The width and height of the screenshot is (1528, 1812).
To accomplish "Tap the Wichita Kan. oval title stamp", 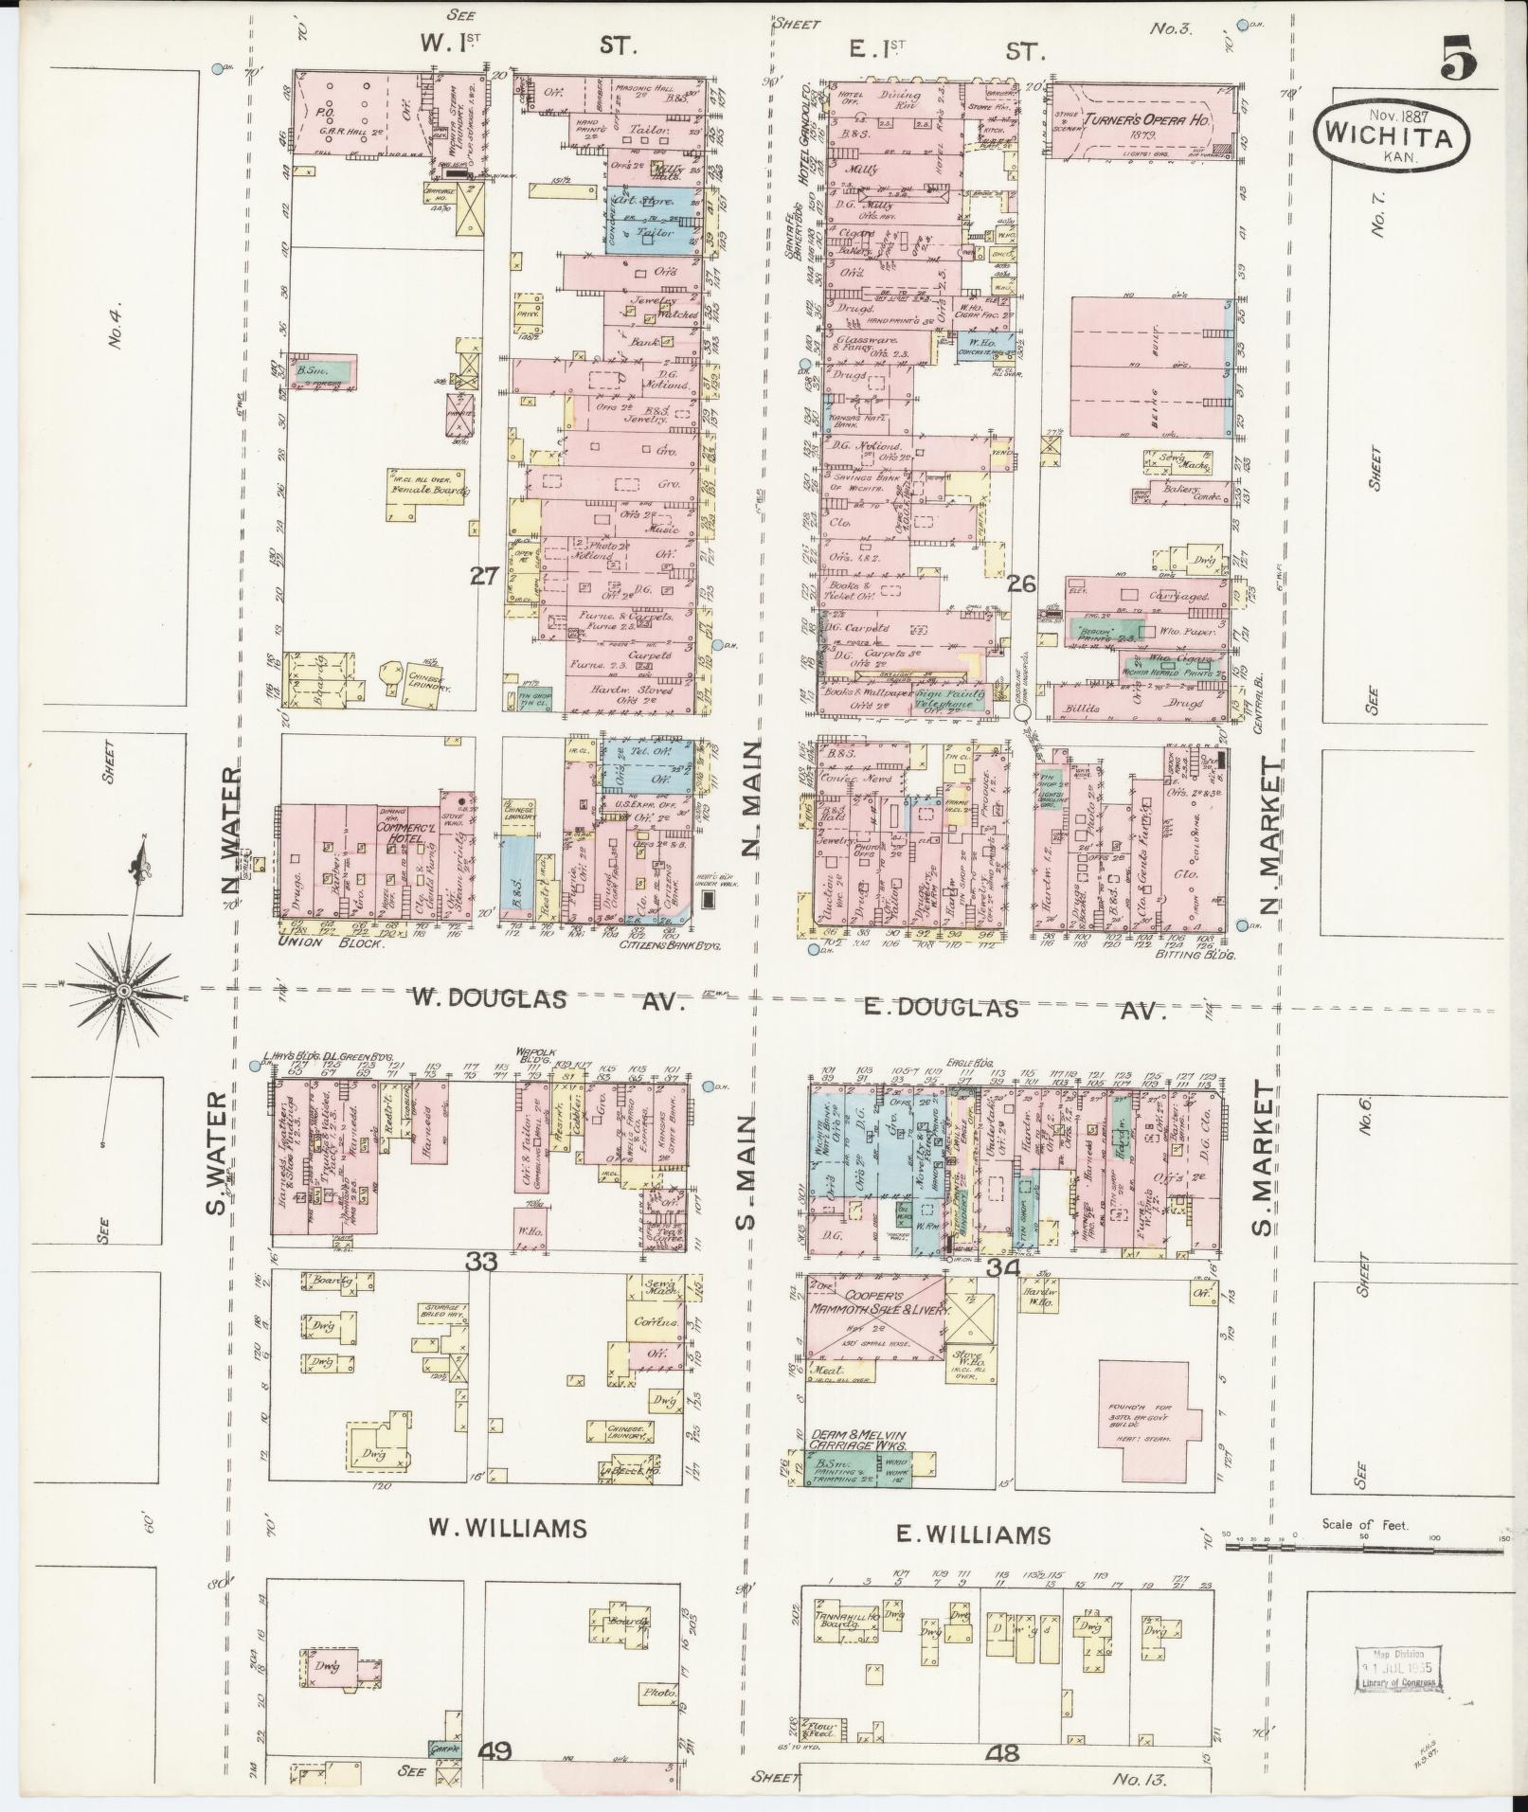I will (x=1391, y=137).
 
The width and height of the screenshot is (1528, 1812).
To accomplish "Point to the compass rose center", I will (x=123, y=991).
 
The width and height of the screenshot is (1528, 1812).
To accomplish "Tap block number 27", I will (x=484, y=576).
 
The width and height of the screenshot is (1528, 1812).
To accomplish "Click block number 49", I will (x=496, y=1749).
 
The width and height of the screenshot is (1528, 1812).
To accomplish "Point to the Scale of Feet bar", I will (x=1363, y=1548).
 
